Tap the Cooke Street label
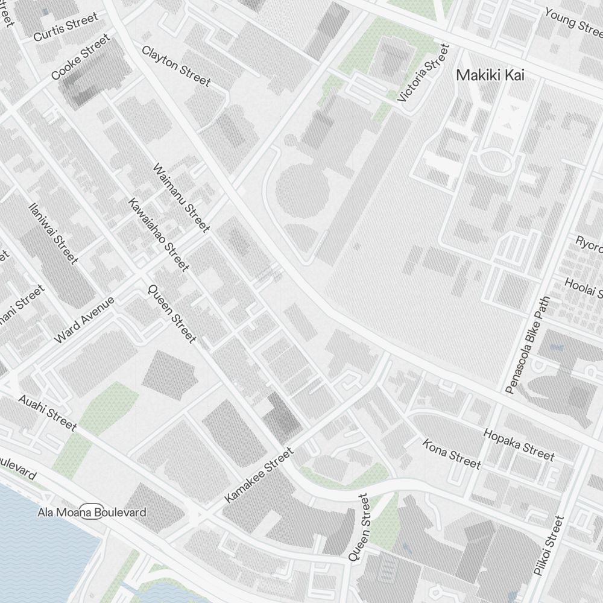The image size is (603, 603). click(81, 57)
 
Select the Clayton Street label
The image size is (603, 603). click(176, 66)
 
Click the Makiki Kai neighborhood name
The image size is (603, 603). click(490, 75)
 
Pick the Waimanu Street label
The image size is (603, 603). click(182, 198)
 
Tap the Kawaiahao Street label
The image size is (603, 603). click(159, 234)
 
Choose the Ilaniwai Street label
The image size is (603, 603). click(53, 233)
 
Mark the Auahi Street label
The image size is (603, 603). click(47, 413)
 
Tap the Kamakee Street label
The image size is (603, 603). click(258, 475)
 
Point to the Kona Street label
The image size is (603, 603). click(452, 453)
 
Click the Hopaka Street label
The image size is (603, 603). click(519, 444)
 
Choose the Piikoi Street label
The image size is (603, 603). click(548, 545)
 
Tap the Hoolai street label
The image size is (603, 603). click(583, 287)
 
